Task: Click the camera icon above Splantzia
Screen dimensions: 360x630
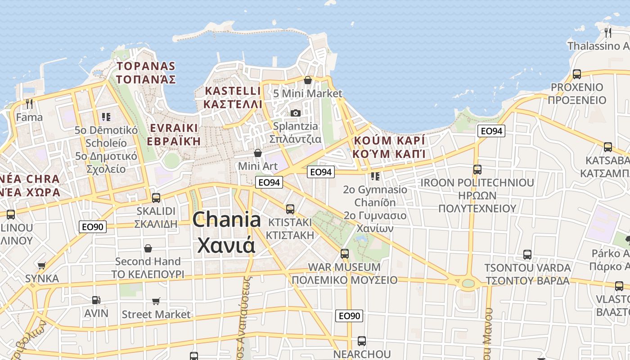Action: [296, 113]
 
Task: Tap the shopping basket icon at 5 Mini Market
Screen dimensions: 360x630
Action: [308, 81]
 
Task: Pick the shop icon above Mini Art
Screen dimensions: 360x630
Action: [258, 153]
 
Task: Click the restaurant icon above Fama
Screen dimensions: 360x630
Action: [29, 104]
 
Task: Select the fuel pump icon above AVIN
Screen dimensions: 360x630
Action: [96, 300]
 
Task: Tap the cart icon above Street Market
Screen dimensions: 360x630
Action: [156, 301]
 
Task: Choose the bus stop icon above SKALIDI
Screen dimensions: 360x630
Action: [156, 198]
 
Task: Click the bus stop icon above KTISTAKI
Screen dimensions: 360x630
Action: [290, 209]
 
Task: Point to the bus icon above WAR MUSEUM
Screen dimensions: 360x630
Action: [345, 253]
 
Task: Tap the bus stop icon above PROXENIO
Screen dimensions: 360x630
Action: [577, 74]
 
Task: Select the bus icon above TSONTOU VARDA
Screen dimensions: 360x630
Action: [527, 255]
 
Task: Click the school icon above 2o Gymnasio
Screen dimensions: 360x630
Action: [375, 176]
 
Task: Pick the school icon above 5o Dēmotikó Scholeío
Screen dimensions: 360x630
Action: [106, 117]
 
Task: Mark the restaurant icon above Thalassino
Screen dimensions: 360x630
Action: [608, 32]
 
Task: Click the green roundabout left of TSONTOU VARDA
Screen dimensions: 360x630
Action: [468, 283]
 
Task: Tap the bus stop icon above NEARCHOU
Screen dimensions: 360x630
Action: [362, 341]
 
